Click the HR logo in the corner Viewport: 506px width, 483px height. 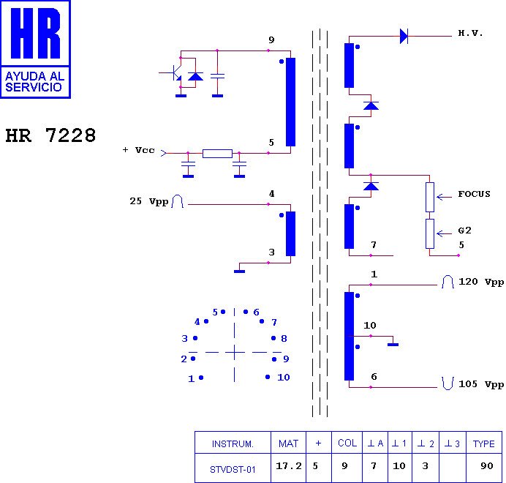(x=35, y=48)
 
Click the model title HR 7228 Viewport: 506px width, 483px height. (x=50, y=136)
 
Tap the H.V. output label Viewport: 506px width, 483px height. (x=470, y=34)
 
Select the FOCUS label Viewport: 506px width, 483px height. (x=474, y=194)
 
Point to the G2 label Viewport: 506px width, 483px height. (x=464, y=230)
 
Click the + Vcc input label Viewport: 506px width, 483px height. (x=139, y=150)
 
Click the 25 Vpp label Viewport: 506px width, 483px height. (x=148, y=201)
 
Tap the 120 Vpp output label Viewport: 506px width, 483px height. (x=481, y=282)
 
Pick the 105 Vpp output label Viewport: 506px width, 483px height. (x=481, y=384)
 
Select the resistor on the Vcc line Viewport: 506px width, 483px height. (x=217, y=154)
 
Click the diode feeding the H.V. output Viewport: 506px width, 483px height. (x=404, y=36)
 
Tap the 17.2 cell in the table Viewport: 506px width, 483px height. (x=289, y=466)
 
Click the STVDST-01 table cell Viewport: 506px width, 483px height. (x=233, y=469)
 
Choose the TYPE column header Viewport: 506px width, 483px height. (x=484, y=443)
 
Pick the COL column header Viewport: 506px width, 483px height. (x=347, y=443)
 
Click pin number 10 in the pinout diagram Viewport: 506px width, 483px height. (x=283, y=378)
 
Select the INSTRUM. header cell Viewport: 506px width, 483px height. (x=233, y=443)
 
